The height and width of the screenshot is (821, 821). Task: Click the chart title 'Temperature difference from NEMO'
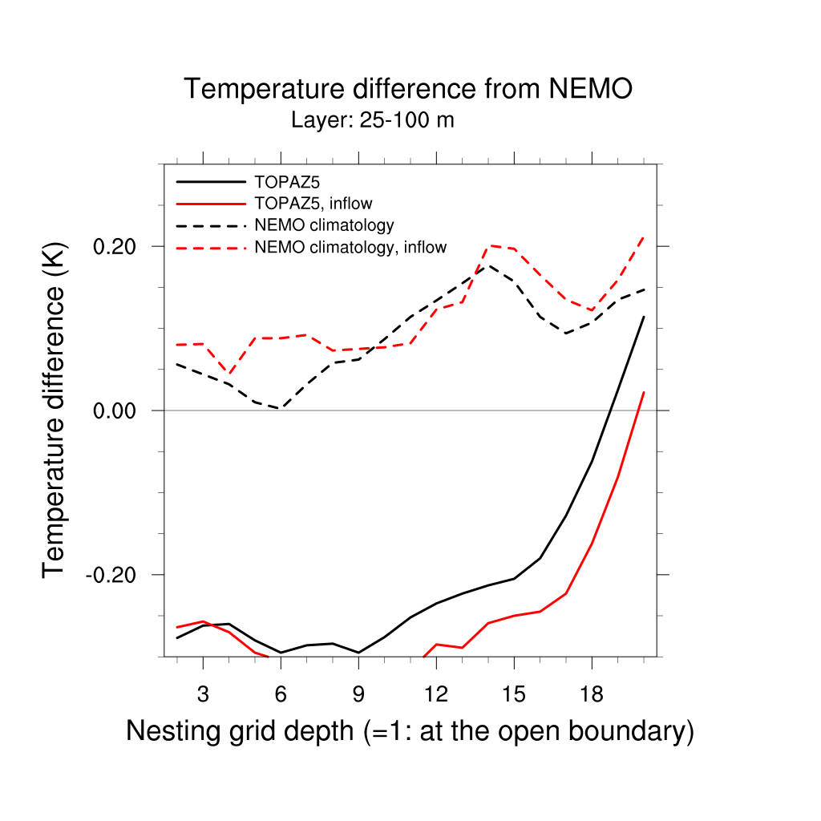point(408,89)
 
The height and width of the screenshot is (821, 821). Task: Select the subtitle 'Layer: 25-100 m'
point(373,121)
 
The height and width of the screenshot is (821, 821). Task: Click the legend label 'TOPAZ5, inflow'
point(313,204)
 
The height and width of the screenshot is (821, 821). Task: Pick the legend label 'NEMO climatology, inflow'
point(350,247)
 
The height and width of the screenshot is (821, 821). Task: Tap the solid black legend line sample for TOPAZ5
point(209,182)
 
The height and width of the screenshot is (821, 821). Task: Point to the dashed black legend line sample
point(209,225)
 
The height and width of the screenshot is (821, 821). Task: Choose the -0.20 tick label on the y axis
point(116,575)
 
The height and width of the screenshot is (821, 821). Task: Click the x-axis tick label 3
point(203,694)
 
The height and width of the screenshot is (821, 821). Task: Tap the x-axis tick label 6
point(281,694)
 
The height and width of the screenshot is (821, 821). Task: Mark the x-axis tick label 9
point(358,694)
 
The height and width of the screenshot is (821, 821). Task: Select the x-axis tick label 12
point(436,694)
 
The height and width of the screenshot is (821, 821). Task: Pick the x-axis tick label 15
point(514,694)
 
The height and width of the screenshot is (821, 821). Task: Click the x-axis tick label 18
point(592,694)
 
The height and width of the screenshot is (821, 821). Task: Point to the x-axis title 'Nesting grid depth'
point(409,731)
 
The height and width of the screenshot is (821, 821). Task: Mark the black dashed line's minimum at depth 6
point(281,408)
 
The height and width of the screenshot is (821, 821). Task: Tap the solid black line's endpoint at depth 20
point(644,317)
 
